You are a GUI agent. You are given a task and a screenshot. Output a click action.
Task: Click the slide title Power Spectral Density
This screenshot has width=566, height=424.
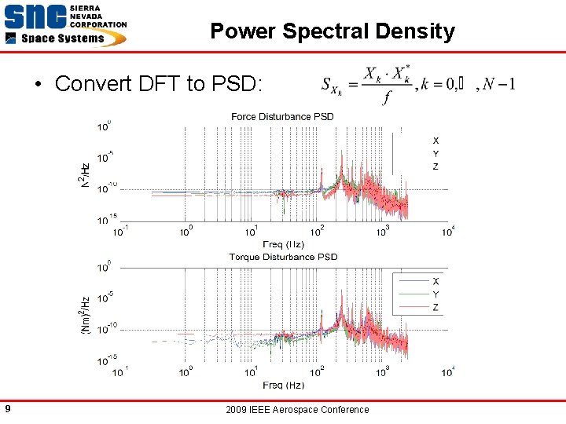(x=333, y=31)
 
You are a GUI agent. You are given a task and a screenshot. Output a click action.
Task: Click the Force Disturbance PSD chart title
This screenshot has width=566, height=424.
(x=282, y=117)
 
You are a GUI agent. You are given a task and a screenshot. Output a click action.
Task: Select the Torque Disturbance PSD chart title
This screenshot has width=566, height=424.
(x=283, y=257)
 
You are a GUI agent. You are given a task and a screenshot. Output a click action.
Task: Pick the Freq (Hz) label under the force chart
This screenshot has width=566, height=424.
(x=283, y=244)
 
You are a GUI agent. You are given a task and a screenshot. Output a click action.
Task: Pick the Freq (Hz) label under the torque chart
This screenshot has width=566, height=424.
(x=283, y=385)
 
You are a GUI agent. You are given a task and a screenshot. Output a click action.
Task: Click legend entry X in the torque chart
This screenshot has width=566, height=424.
(x=436, y=281)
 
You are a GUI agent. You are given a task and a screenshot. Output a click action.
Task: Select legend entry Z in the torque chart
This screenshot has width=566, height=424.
(x=436, y=307)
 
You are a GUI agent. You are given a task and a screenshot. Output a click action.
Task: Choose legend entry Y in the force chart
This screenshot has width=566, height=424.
(x=436, y=154)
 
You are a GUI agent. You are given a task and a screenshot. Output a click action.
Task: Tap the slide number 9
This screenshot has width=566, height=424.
(x=7, y=408)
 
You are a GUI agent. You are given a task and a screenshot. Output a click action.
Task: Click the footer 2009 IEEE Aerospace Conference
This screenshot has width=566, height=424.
(x=296, y=409)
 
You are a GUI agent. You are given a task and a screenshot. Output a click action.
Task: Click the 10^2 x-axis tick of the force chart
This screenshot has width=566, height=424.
(x=318, y=232)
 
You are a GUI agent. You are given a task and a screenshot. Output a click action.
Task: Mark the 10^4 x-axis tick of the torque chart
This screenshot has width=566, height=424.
(x=448, y=371)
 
